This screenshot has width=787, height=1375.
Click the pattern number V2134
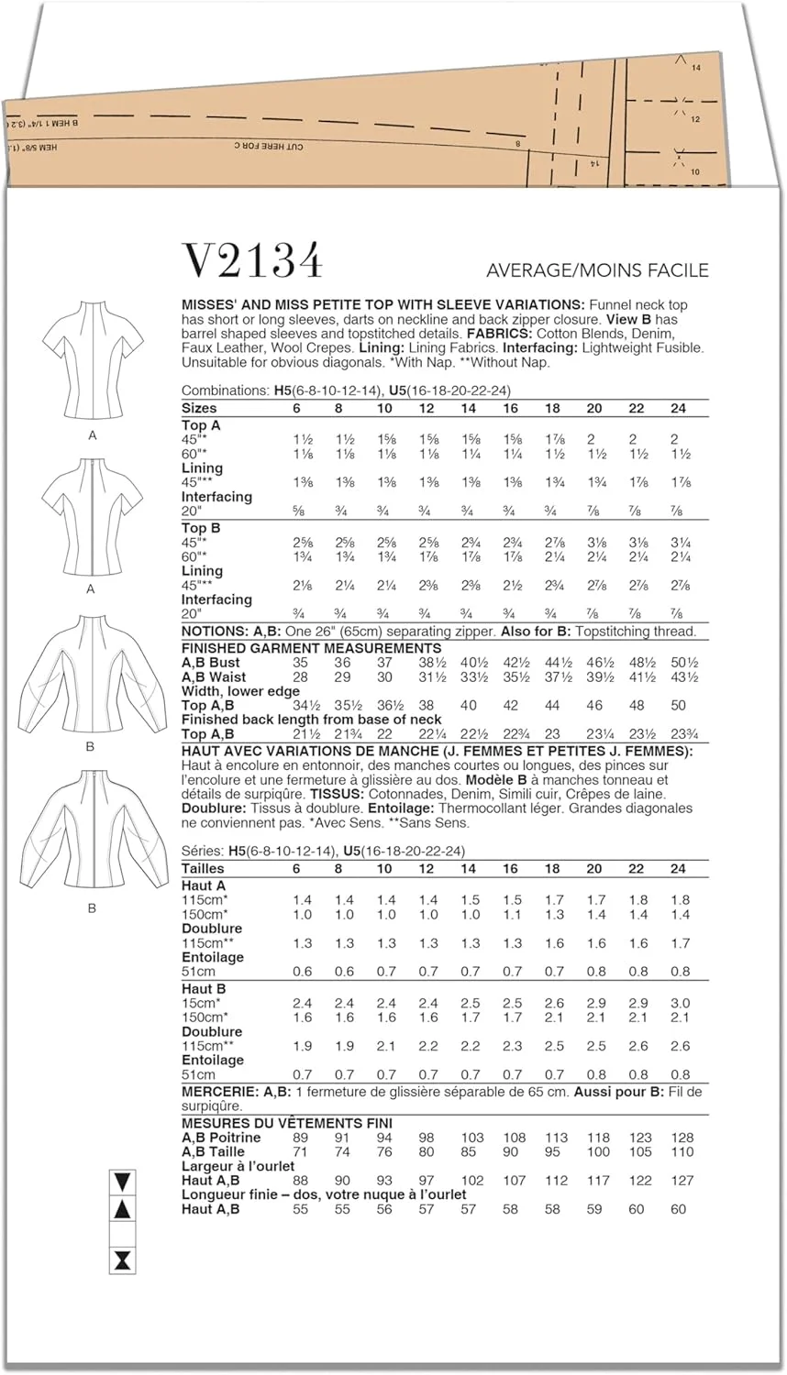click(254, 261)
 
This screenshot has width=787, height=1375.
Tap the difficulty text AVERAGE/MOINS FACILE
click(597, 270)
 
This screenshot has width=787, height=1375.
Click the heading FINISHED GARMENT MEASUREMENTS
click(298, 648)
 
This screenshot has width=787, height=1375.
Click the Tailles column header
click(203, 868)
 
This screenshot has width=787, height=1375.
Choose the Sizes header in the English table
click(200, 408)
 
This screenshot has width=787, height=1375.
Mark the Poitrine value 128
click(682, 1138)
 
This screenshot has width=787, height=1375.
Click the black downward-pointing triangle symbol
click(121, 1182)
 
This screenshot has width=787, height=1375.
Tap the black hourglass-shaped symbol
click(121, 1260)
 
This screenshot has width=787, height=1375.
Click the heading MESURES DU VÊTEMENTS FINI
click(286, 1123)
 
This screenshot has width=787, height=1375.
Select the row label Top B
click(201, 528)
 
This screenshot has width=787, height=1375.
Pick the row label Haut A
click(204, 885)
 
